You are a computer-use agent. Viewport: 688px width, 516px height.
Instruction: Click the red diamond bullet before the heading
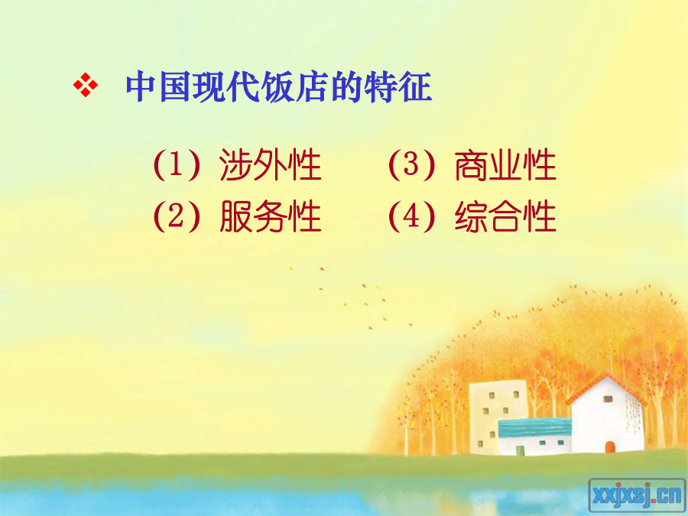pos(85,85)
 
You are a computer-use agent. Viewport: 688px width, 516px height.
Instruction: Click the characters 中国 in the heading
pos(159,86)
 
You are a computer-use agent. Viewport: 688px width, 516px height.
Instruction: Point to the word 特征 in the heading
pos(398,86)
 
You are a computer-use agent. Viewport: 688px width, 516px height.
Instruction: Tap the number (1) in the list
pos(177,165)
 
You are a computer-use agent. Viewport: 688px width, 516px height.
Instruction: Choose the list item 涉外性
pos(271,165)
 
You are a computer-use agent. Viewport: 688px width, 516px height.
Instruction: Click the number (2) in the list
pos(177,216)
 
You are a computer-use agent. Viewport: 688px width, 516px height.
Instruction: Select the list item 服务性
pos(271,216)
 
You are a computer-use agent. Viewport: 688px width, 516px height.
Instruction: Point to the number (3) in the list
pos(411,165)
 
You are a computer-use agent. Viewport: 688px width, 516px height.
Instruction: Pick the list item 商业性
pos(505,165)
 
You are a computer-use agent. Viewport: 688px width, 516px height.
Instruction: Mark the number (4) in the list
pos(411,216)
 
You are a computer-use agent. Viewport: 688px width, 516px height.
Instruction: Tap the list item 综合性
pos(505,216)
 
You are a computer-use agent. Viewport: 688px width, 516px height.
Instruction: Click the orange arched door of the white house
pos(610,447)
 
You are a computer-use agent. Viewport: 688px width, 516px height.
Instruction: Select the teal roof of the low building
pos(535,427)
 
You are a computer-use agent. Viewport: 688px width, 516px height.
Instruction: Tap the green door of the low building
pos(520,450)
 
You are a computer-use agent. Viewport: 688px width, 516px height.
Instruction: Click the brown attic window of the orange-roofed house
pos(608,399)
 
